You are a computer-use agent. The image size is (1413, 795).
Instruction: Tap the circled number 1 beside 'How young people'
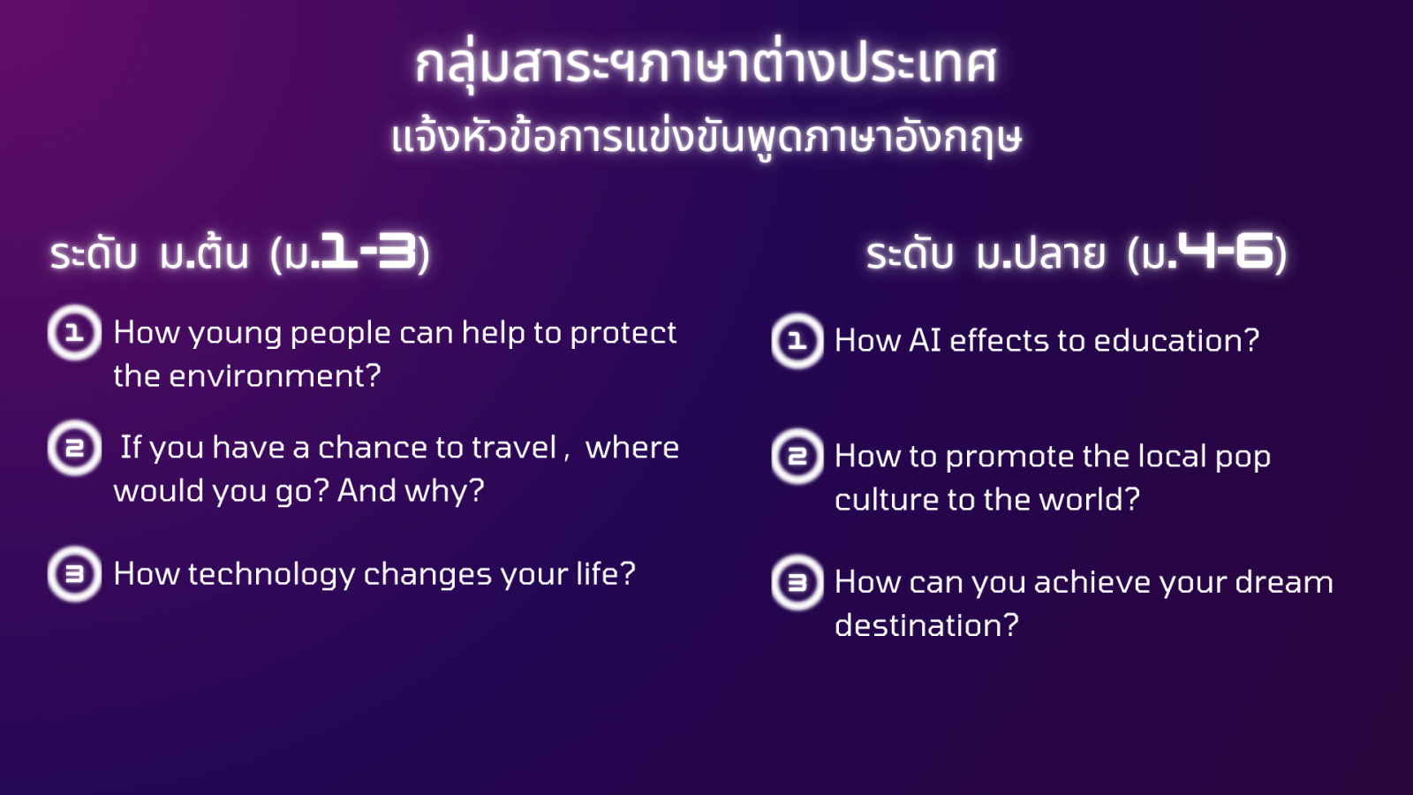point(74,332)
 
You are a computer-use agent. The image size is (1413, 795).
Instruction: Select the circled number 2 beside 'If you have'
point(74,448)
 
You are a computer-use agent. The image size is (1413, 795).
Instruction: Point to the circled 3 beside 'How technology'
point(74,574)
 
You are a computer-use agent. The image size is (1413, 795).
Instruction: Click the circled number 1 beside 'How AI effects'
point(797,341)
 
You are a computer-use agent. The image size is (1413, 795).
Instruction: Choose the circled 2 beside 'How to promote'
point(797,456)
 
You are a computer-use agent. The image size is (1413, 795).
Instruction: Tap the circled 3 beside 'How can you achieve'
point(797,582)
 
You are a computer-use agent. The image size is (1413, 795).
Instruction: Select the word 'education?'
point(1176,341)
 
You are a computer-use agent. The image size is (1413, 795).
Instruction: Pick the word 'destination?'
point(926,625)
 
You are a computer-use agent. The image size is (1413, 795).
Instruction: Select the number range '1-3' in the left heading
point(369,252)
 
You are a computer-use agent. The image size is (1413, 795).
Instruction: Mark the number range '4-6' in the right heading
point(1226,251)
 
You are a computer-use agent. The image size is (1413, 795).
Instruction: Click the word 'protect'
point(623,333)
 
